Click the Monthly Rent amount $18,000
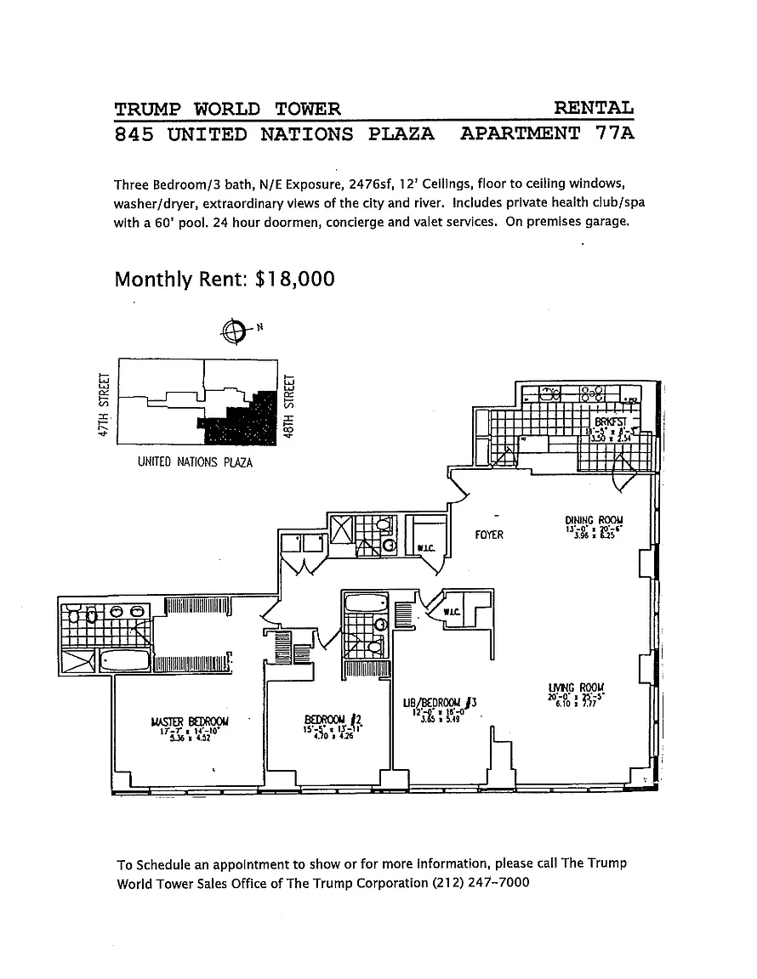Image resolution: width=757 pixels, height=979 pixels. (x=294, y=280)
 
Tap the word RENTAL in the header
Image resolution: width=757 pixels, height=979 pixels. (x=594, y=108)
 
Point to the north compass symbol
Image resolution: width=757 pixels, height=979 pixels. (x=233, y=331)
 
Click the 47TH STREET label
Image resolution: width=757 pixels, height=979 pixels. (x=105, y=405)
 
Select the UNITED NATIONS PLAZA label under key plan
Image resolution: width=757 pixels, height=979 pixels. (x=195, y=462)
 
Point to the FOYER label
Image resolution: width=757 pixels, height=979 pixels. (x=489, y=535)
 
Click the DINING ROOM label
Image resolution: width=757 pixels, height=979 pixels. (x=594, y=520)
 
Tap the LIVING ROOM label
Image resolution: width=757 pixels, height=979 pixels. (x=577, y=688)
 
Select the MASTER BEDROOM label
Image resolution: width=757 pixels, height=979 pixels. (x=189, y=722)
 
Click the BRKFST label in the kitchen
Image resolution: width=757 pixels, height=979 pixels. (x=610, y=422)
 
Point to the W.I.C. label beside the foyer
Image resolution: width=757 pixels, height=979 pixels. (x=425, y=547)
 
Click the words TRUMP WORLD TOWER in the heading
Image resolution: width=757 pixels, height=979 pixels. (x=227, y=108)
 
